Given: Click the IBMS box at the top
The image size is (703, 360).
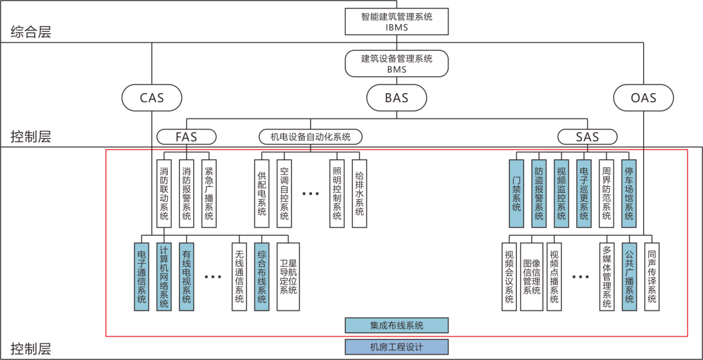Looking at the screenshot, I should click(396, 21).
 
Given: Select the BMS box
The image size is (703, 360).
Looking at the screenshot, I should click(396, 63).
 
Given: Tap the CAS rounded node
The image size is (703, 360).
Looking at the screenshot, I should click(152, 98).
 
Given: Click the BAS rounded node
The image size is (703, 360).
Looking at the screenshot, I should click(396, 98).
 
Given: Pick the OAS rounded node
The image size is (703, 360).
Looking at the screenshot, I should click(643, 98).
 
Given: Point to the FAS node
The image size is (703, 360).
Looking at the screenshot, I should click(186, 137).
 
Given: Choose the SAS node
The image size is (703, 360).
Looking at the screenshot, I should click(587, 137).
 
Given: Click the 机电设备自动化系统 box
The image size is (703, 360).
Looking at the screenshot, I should click(310, 137).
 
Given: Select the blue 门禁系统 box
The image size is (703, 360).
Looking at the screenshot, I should click(517, 193).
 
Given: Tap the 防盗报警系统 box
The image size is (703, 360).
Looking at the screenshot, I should click(539, 193).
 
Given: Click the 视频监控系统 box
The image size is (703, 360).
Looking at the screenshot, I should click(561, 193).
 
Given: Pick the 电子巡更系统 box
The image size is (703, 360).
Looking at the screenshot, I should click(584, 193).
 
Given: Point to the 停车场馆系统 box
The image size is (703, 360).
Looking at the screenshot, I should click(629, 193).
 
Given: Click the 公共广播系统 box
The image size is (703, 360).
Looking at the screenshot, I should click(629, 277).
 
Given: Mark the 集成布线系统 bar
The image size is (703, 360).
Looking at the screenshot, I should click(396, 325).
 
